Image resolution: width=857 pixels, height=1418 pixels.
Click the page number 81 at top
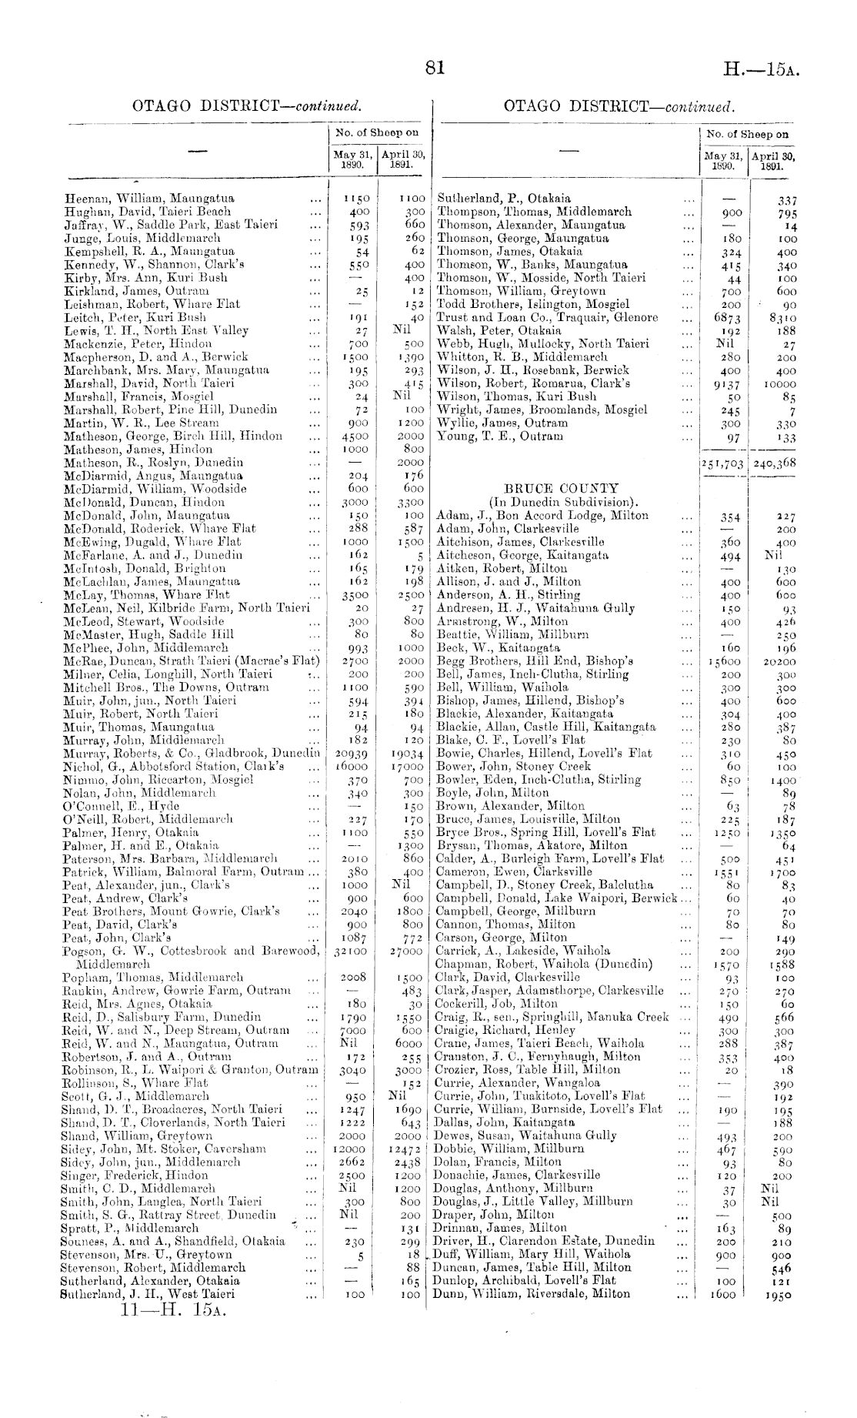pos(435,69)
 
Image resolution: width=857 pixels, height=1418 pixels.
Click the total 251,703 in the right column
pos(722,463)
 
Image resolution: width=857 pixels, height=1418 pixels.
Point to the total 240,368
pos(774,463)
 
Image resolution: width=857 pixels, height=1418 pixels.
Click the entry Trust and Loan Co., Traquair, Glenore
pos(547,317)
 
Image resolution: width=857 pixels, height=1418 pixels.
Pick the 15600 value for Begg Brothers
pos(725,661)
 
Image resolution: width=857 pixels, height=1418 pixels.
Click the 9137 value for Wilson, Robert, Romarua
pos(727,384)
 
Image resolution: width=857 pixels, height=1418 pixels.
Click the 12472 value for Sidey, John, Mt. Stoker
pos(404,1149)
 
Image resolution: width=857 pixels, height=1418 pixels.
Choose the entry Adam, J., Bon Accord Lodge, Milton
pos(542,516)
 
